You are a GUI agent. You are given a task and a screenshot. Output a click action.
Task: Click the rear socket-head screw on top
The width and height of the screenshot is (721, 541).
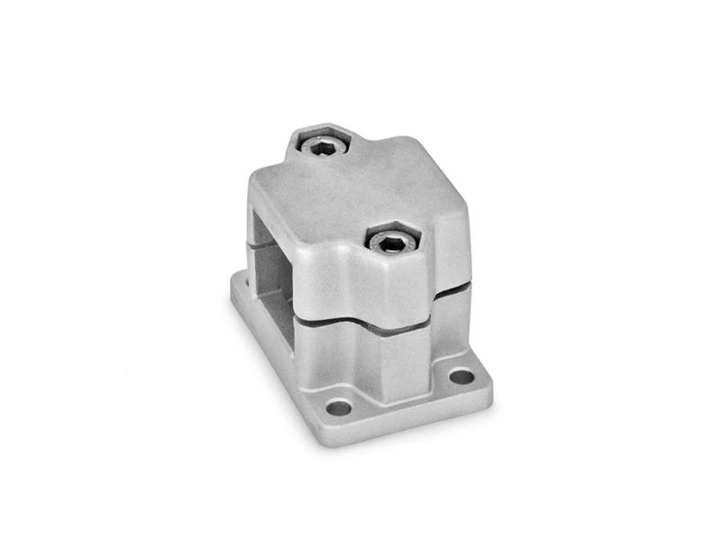click(x=324, y=144)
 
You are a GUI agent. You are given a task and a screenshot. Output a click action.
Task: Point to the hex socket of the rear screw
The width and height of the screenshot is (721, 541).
click(x=324, y=144)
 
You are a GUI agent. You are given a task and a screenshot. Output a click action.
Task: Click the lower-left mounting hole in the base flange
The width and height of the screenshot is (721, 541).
click(x=339, y=408)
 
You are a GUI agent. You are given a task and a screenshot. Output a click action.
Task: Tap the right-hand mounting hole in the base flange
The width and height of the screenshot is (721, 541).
click(x=461, y=376)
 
